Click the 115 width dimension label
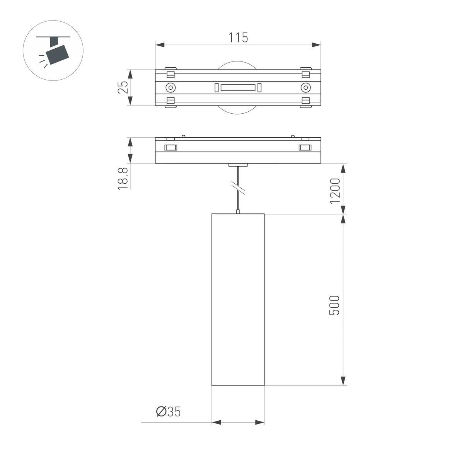point(238,38)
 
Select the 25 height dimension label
point(123,87)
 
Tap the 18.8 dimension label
point(123,178)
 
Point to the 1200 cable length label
point(334,191)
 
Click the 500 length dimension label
point(334,305)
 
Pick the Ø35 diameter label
point(168,412)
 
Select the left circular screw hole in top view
point(171,87)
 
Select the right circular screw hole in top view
point(305,87)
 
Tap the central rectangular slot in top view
point(238,88)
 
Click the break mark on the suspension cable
point(238,188)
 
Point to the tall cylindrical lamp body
point(238,300)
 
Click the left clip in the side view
point(171,147)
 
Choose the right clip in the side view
point(305,147)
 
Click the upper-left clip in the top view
point(171,73)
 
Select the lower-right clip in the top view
point(305,102)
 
